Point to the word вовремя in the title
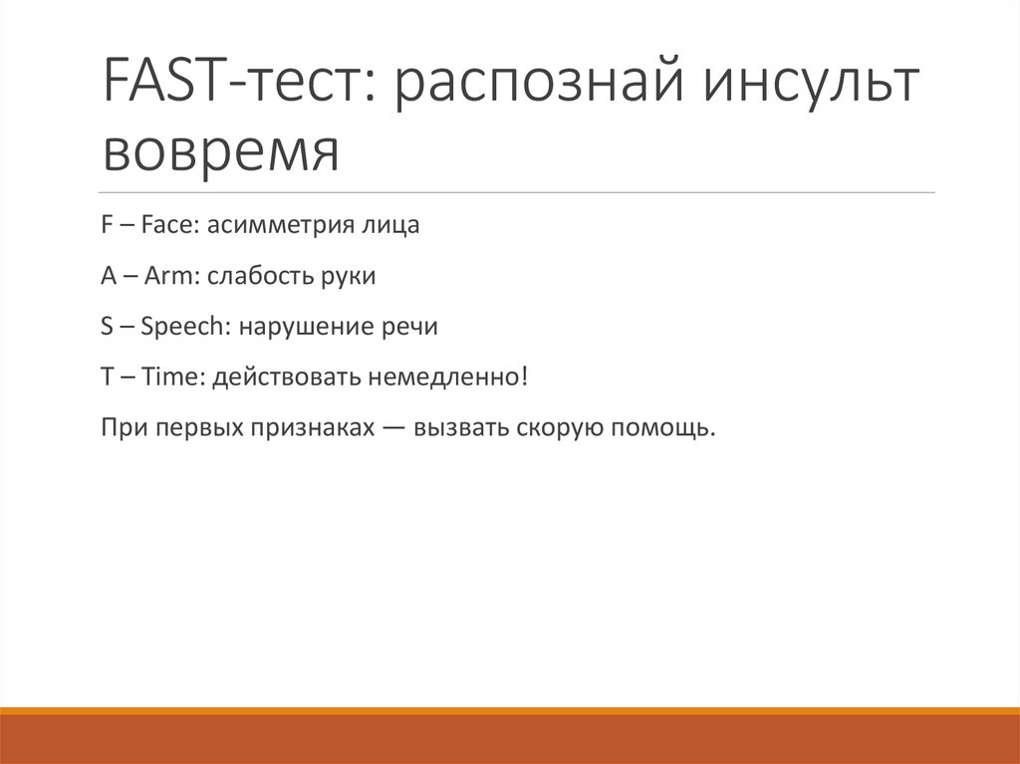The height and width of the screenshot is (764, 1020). pos(220,152)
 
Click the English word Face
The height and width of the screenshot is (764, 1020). pos(171,226)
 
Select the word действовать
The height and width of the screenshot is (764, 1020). pos(289,379)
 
